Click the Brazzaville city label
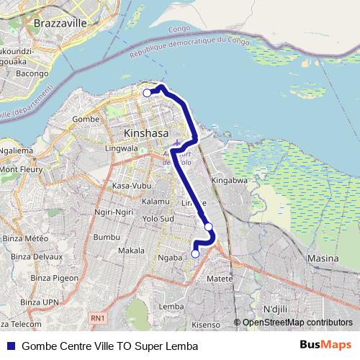click(x=60, y=23)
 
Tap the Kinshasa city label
click(x=146, y=134)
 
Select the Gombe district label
click(x=85, y=118)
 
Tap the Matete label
click(x=220, y=278)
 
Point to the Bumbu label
click(x=105, y=236)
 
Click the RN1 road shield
click(x=98, y=318)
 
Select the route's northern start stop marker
click(x=147, y=93)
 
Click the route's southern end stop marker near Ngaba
click(x=195, y=253)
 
